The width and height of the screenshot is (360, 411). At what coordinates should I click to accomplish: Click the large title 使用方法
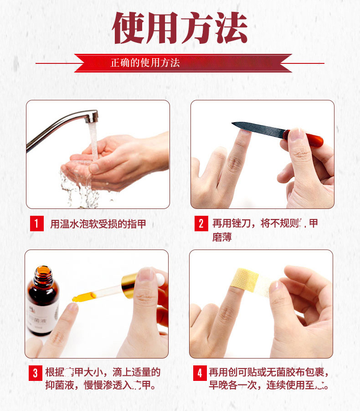(x=180, y=28)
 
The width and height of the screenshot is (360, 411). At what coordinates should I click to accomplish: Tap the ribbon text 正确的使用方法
(x=145, y=62)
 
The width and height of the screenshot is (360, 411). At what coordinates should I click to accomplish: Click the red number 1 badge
(x=36, y=224)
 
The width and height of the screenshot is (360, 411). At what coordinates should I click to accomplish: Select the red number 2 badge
(x=201, y=224)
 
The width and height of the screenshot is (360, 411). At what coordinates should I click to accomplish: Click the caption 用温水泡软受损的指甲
(x=98, y=224)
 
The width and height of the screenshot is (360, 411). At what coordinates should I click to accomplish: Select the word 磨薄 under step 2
(x=222, y=237)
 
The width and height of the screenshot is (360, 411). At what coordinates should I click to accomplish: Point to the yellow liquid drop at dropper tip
(x=75, y=299)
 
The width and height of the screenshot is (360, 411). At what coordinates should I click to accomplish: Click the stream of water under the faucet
(x=93, y=141)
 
